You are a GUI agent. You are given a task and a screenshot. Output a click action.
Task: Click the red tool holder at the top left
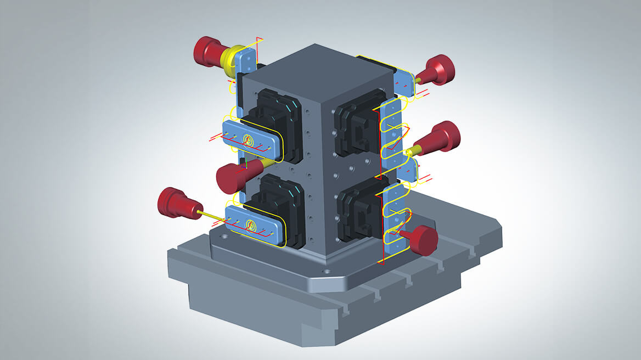click(x=208, y=50)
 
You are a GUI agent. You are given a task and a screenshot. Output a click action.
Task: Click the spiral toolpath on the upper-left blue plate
click(x=249, y=141)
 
